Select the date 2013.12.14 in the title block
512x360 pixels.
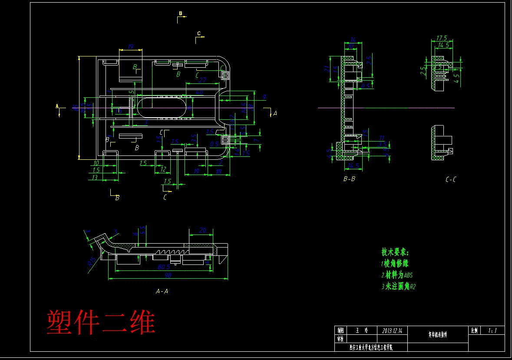pyautogui.click(x=392, y=330)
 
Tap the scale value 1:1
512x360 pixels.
pyautogui.click(x=492, y=330)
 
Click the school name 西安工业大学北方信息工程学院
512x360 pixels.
pyautogui.click(x=371, y=347)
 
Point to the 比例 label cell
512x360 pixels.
pyautogui.click(x=474, y=330)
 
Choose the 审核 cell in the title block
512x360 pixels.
pyautogui.click(x=340, y=339)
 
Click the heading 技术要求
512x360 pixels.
pyautogui.click(x=395, y=252)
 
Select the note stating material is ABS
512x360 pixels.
pyautogui.click(x=397, y=275)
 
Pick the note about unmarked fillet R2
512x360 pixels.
pyautogui.click(x=399, y=287)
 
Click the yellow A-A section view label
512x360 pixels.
pyautogui.click(x=162, y=291)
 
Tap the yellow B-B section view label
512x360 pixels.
pyautogui.click(x=349, y=178)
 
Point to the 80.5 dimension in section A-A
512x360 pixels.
pyautogui.click(x=164, y=267)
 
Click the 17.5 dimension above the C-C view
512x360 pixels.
pyautogui.click(x=442, y=38)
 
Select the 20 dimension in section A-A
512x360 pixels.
pyautogui.click(x=202, y=231)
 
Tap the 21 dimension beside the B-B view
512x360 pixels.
pyautogui.click(x=327, y=68)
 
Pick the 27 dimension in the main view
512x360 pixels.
pyautogui.click(x=202, y=80)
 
